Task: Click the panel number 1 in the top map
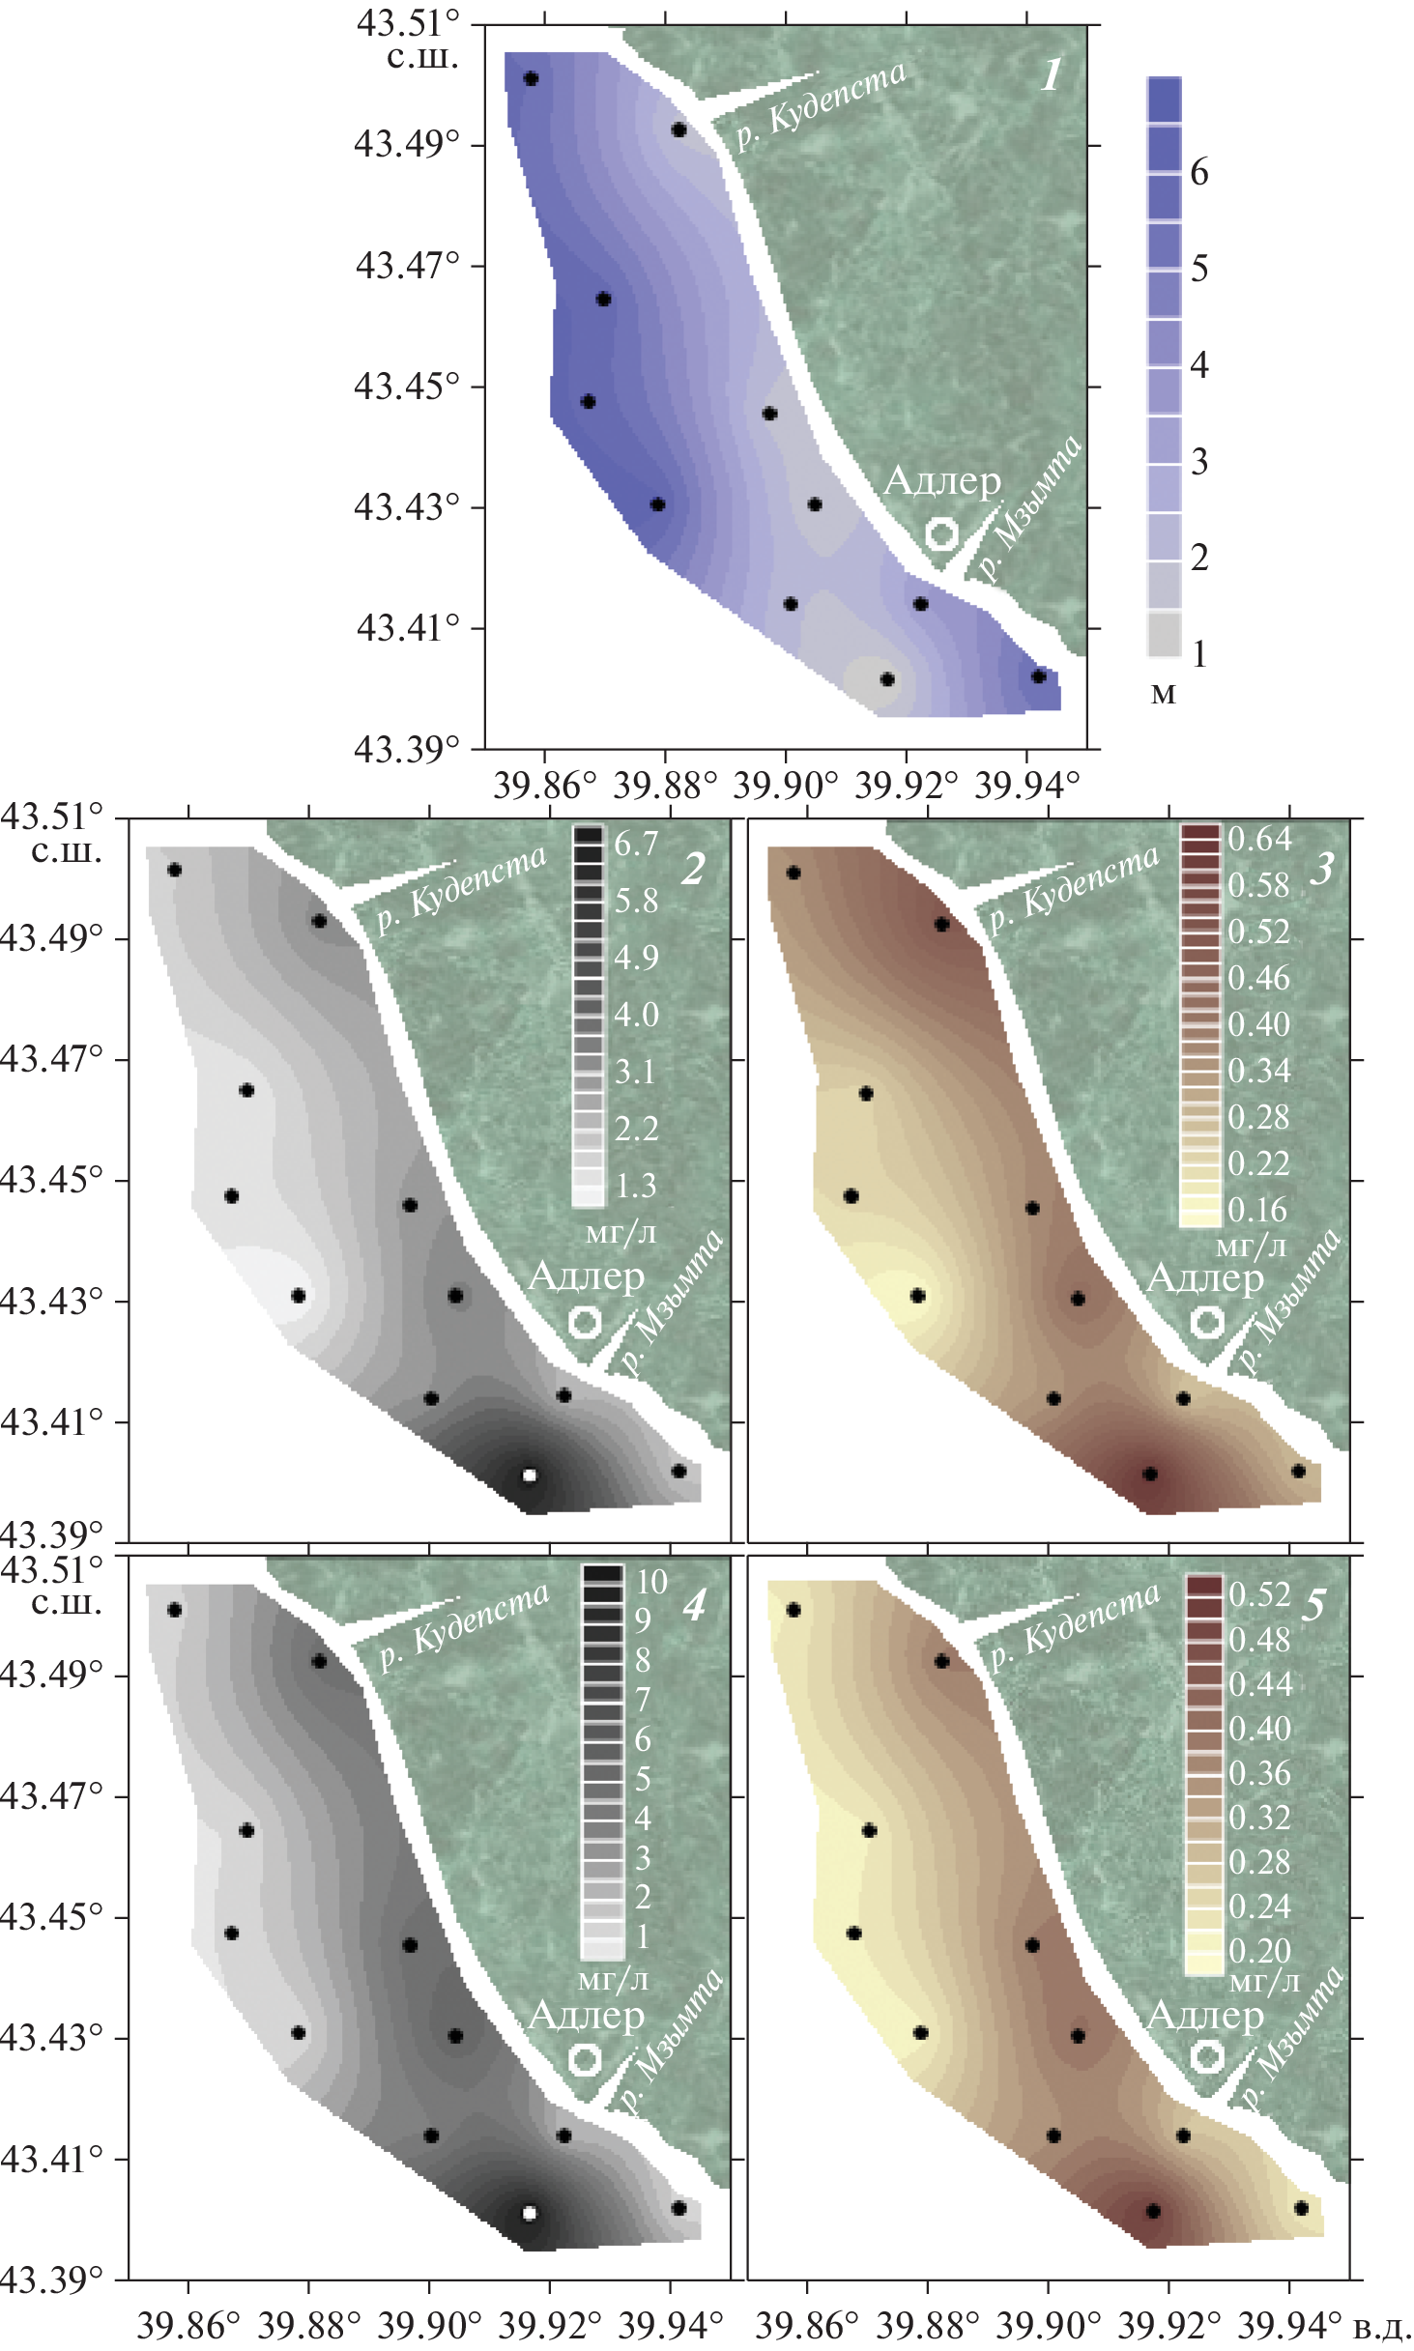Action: pyautogui.click(x=1052, y=74)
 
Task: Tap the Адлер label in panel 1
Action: pyautogui.click(x=942, y=480)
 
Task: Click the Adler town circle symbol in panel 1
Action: pyautogui.click(x=940, y=533)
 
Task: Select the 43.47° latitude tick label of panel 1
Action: pyautogui.click(x=407, y=265)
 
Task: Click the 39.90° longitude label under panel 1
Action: pyautogui.click(x=785, y=786)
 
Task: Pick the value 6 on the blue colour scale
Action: pyautogui.click(x=1199, y=172)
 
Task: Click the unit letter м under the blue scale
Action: pyautogui.click(x=1165, y=693)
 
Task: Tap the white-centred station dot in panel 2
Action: pyautogui.click(x=529, y=1476)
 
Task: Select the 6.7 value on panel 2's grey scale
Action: pyautogui.click(x=636, y=845)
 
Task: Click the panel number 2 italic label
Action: pyautogui.click(x=693, y=870)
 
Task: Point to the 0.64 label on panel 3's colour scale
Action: pyautogui.click(x=1259, y=839)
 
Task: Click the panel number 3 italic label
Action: pyautogui.click(x=1321, y=870)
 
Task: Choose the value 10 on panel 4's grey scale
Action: pyautogui.click(x=651, y=1582)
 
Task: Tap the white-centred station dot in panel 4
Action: pyautogui.click(x=529, y=2213)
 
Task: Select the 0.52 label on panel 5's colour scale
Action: pyautogui.click(x=1259, y=1594)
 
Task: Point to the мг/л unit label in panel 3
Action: pyautogui.click(x=1251, y=1246)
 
